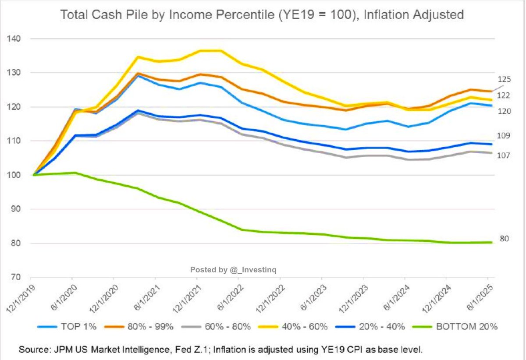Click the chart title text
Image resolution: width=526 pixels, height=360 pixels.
point(262,15)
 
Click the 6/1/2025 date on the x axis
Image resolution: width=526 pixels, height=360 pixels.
point(481,296)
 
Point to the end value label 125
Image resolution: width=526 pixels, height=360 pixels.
point(505,79)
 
